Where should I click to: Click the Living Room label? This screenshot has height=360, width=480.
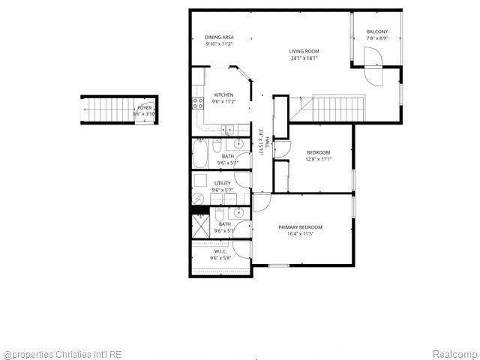tap(304, 51)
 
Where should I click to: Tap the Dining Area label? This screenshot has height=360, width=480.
tap(219, 37)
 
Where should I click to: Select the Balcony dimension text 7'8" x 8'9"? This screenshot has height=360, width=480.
tap(376, 38)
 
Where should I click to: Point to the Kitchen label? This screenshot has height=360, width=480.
tap(223, 94)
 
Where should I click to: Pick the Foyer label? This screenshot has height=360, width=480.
tap(144, 108)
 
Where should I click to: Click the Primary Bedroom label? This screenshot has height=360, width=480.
tap(300, 227)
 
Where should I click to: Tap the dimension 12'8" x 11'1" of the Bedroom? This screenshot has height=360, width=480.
tap(318, 159)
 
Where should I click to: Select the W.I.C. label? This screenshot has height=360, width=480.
tap(220, 252)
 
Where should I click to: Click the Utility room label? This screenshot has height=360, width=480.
tap(222, 183)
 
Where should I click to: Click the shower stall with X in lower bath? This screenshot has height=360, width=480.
tap(202, 227)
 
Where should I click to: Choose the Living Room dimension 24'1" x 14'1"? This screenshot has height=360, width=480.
tap(304, 58)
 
